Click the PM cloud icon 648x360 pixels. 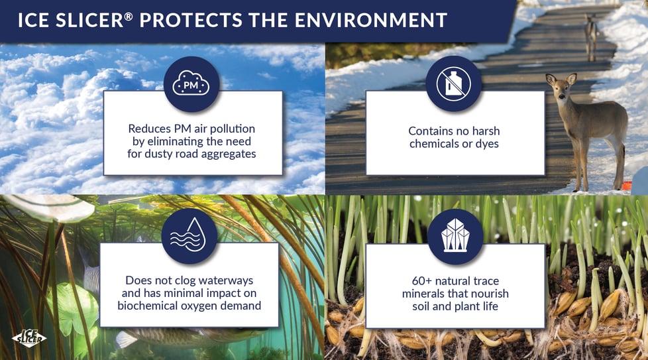(191, 84)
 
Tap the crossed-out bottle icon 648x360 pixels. (454, 84)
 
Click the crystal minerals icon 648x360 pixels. (455, 237)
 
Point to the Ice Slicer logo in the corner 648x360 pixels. (29, 338)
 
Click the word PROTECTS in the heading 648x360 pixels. (191, 21)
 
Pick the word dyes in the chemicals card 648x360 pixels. (487, 145)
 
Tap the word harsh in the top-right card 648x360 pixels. (486, 131)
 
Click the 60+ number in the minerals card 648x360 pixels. (422, 281)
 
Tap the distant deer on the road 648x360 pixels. (591, 34)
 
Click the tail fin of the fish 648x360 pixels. (123, 339)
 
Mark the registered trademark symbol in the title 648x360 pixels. (129, 16)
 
